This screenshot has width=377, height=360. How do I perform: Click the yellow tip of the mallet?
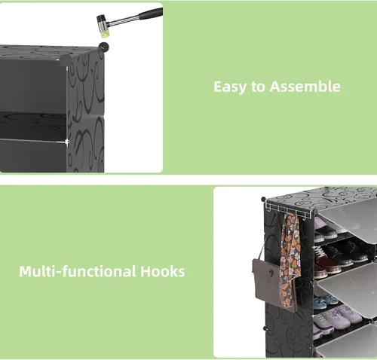(x=105, y=33)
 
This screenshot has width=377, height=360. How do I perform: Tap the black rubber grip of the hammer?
(x=151, y=14)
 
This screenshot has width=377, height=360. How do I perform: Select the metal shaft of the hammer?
(x=123, y=21)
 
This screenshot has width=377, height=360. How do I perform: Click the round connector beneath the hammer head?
(x=103, y=47)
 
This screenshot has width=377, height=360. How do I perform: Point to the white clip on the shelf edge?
(x=67, y=142)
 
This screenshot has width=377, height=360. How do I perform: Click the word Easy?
(x=230, y=87)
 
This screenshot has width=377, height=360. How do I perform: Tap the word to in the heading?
(x=258, y=87)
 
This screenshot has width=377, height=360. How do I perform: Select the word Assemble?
(x=305, y=87)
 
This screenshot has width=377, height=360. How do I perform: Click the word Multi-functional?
(x=78, y=271)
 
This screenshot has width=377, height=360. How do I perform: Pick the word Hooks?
(x=163, y=271)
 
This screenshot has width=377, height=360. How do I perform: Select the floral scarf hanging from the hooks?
(x=290, y=261)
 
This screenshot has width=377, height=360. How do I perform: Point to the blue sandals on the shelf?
(x=326, y=301)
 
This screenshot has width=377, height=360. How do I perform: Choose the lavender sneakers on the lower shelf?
(x=337, y=319)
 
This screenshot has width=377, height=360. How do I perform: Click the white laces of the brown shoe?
(x=320, y=252)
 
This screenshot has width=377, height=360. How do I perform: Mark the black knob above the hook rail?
(x=263, y=200)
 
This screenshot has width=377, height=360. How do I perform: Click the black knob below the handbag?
(x=265, y=328)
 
